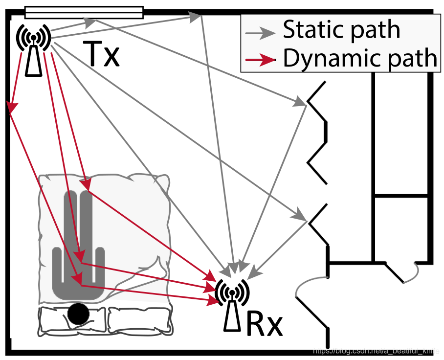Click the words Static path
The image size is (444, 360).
pyautogui.click(x=341, y=30)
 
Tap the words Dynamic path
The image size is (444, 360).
pyautogui.click(x=359, y=58)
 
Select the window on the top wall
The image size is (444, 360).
pyautogui.click(x=84, y=12)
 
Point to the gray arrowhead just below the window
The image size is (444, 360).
pyautogui.click(x=90, y=22)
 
